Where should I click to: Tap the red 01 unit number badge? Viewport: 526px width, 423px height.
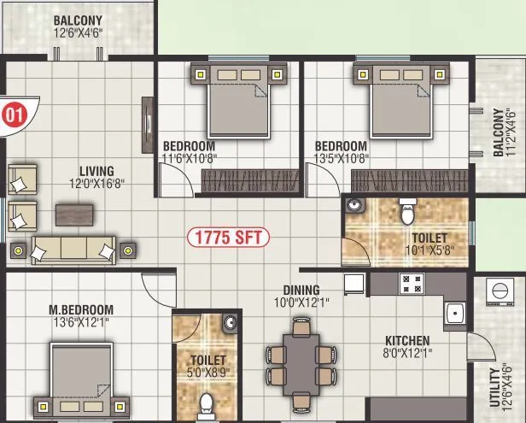[x=13, y=112]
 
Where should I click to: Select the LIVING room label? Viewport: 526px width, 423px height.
[x=96, y=171]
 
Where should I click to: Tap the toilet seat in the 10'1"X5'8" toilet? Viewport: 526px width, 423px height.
[x=408, y=208]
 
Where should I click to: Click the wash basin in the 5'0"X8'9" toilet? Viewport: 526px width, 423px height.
[x=228, y=323]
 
